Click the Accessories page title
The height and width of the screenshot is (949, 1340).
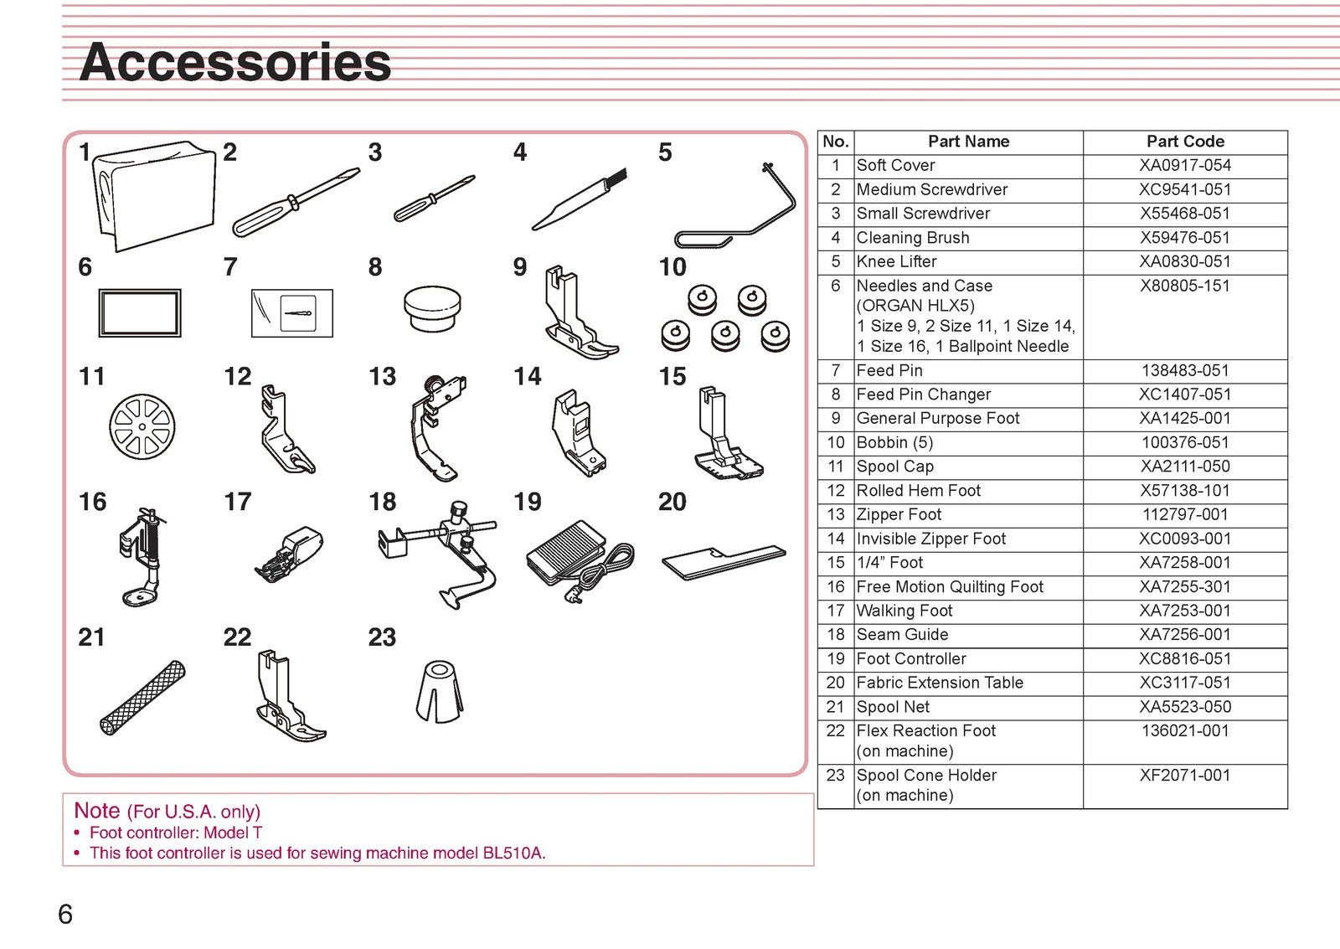click(x=235, y=62)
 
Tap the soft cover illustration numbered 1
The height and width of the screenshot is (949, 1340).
click(x=155, y=196)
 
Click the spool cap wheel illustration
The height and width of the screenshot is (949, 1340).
click(x=142, y=426)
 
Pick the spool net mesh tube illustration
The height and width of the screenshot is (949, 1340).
click(x=142, y=699)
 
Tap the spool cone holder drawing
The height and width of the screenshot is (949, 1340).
click(x=440, y=692)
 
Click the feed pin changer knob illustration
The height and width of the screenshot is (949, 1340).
click(x=432, y=308)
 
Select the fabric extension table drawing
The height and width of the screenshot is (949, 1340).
click(x=724, y=563)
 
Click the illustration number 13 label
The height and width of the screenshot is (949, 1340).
click(x=382, y=376)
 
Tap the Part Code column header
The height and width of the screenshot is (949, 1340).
click(x=1185, y=142)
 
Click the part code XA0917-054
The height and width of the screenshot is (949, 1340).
click(x=1185, y=166)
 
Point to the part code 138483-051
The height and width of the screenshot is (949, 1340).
click(x=1185, y=370)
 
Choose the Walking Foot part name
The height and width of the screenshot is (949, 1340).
click(x=904, y=611)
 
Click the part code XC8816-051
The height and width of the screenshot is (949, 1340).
click(x=1185, y=659)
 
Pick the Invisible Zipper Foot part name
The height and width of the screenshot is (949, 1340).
click(x=930, y=539)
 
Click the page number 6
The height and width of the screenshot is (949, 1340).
click(x=65, y=915)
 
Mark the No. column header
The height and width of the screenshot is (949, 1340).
click(x=836, y=142)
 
